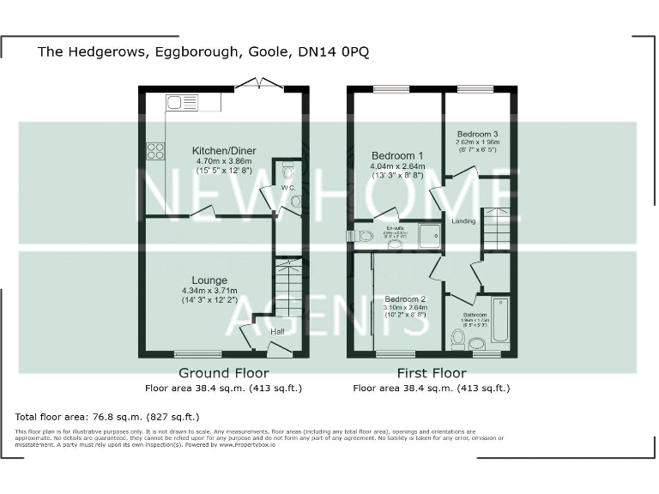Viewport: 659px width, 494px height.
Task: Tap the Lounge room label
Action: (209, 280)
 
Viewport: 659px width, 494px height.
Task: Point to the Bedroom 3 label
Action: (477, 135)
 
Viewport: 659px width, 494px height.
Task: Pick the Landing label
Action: (464, 221)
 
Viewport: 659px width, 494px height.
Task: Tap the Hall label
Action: (277, 332)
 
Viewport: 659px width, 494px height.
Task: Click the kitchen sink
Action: (182, 103)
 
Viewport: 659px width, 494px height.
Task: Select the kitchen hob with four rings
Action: (155, 151)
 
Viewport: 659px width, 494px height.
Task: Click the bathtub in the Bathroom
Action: (499, 318)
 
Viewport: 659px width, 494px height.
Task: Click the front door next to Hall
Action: (280, 349)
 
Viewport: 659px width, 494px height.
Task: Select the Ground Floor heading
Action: (223, 373)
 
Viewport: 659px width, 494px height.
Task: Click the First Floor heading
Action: (431, 373)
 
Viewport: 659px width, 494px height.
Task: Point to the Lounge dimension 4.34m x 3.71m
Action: (209, 291)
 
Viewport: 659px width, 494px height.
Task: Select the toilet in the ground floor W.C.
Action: (287, 169)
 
